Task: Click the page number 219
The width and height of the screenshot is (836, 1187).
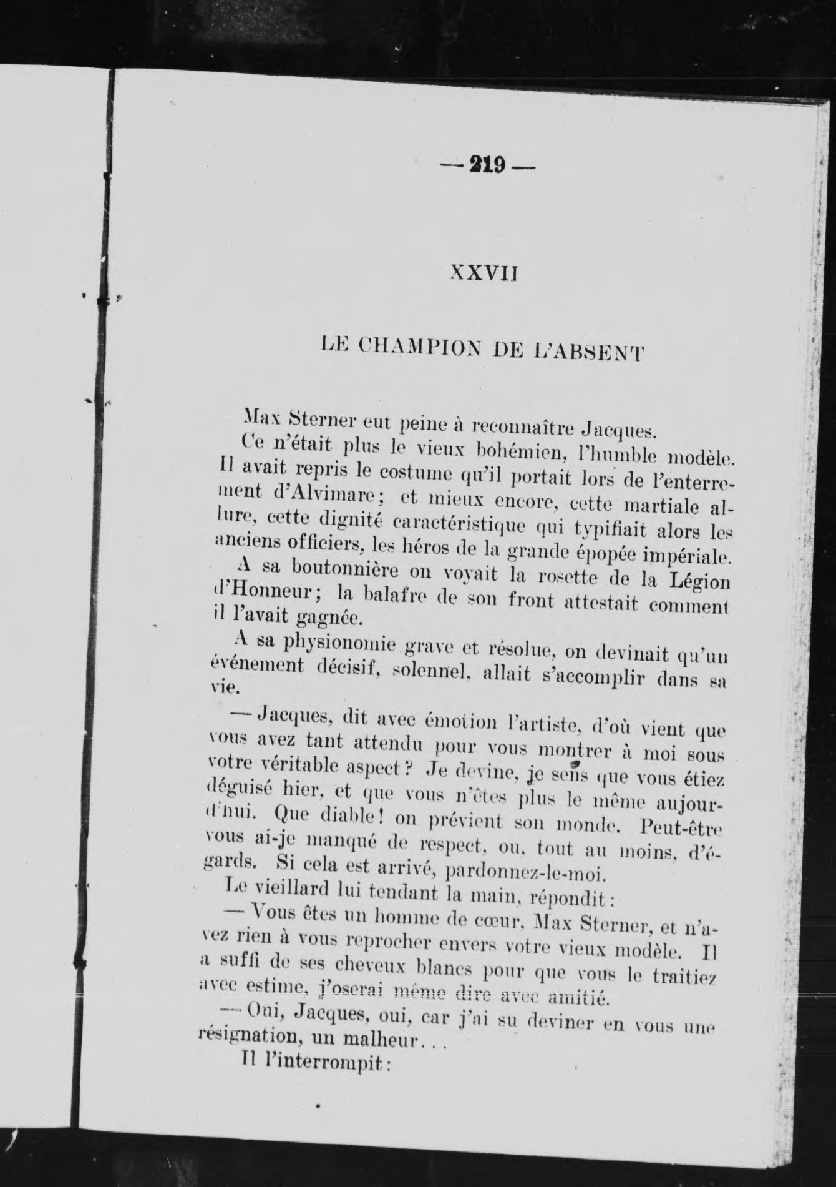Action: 488,165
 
